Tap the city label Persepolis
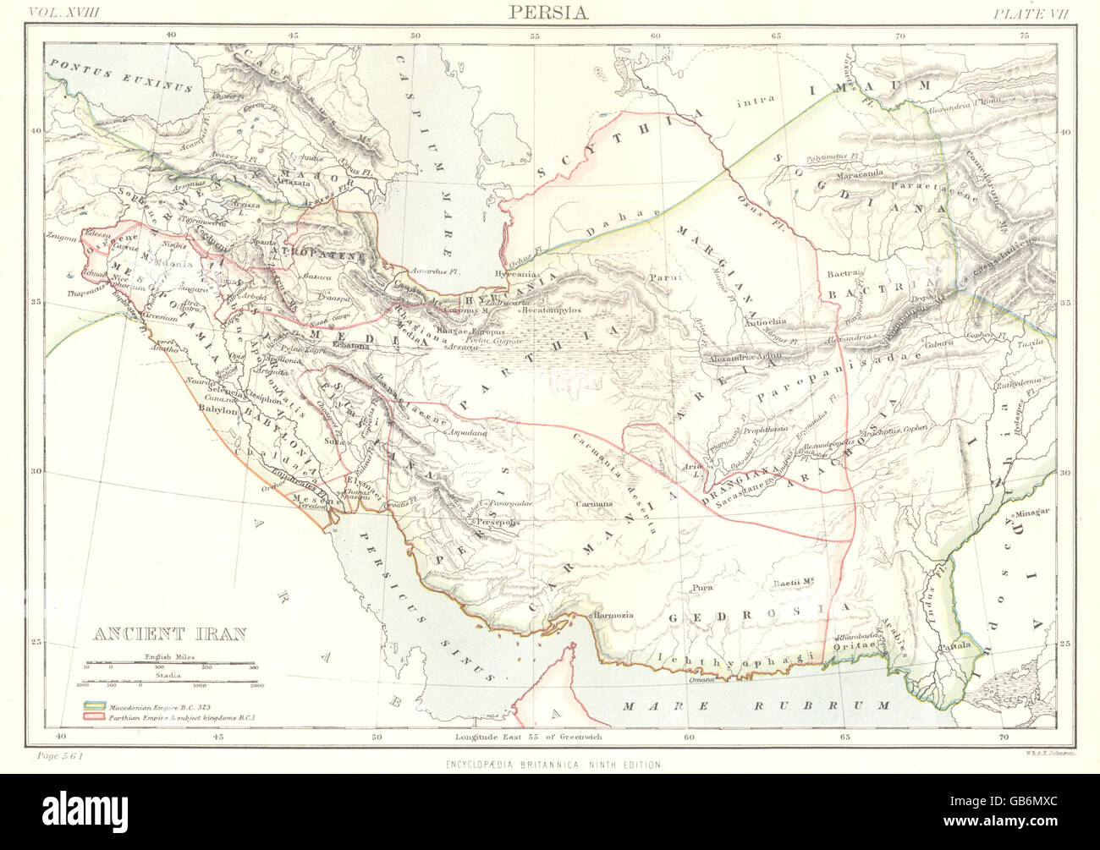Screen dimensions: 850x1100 point(485,524)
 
